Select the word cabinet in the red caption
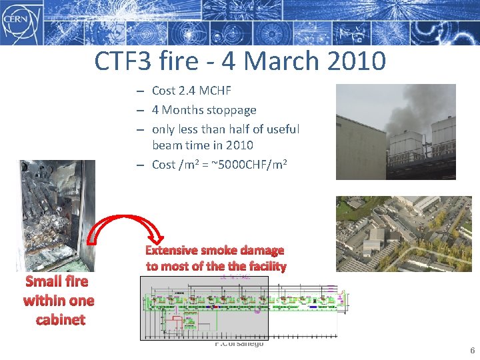tap(60, 319)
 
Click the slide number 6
tap(472, 351)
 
